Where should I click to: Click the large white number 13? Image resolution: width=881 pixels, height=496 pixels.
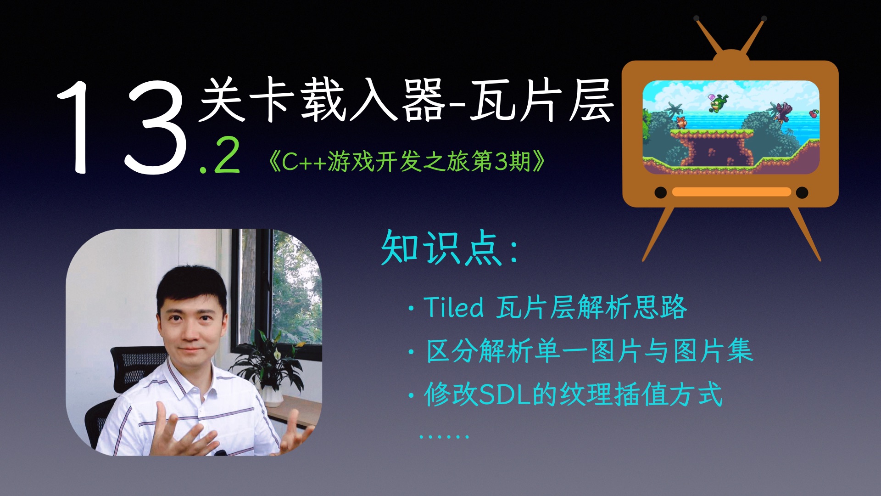coord(122,126)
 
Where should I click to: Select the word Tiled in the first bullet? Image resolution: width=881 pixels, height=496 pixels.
coord(453,307)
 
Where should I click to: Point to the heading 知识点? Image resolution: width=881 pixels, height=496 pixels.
coord(440,248)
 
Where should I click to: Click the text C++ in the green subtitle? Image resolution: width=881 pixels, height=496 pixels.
coord(304,162)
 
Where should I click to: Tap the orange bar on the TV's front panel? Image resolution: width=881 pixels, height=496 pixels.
coord(731,192)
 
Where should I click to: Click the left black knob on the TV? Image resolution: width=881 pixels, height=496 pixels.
coord(660,192)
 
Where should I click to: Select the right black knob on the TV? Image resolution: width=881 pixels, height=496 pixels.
coord(802,192)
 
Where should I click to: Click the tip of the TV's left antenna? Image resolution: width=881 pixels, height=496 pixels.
coord(697,19)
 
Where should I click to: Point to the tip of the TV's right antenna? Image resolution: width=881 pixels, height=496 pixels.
coord(764,19)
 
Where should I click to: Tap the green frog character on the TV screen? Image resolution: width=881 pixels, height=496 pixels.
coord(717,104)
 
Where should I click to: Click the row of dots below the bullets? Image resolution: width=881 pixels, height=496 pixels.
coord(444,436)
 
